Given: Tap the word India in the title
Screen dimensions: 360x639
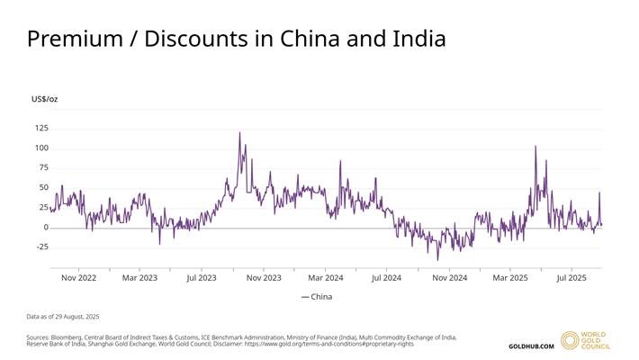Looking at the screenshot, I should [x=416, y=39].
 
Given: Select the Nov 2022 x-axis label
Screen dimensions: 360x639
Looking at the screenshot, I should [x=78, y=277].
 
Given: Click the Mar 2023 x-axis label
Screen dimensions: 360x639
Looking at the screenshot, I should [x=139, y=277].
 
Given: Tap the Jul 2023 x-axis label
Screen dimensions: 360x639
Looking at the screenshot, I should [x=202, y=277].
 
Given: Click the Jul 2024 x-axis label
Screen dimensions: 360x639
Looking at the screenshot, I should [x=386, y=277].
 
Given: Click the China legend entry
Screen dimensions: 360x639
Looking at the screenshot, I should [x=317, y=296].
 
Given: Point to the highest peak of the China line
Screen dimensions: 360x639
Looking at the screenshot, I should [x=239, y=133].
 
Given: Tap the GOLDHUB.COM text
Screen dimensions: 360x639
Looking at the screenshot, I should [x=531, y=346].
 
